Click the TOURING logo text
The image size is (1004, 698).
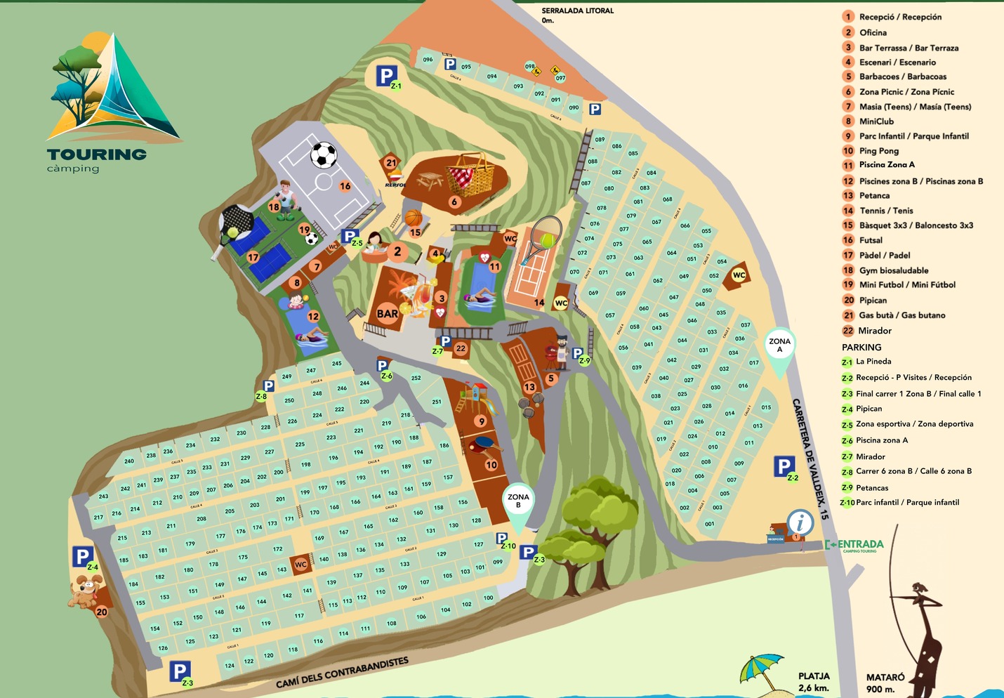coord(96,154)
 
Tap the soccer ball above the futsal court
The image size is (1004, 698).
coord(324,155)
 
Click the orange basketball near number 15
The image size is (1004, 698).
coord(414,218)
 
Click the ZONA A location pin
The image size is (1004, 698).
coord(779,349)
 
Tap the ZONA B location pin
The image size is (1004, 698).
coord(518,505)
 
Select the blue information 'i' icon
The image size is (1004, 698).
coord(800,522)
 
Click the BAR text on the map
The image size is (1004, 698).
coord(387,314)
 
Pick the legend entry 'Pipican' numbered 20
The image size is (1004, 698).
coord(872,301)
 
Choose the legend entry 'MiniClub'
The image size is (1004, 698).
coord(876,121)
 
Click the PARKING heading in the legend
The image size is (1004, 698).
coord(861,348)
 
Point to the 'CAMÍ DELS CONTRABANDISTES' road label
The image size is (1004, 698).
coord(342,673)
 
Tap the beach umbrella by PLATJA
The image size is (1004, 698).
coord(761,668)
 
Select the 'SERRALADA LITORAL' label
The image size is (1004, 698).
coord(577,11)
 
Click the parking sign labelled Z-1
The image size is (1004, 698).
coord(387,76)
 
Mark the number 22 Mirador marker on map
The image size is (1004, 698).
coord(461,348)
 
